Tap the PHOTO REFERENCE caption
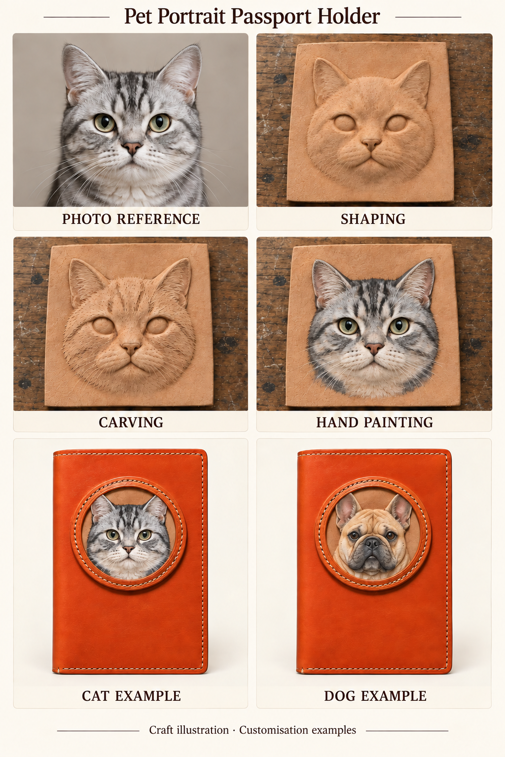(131, 219)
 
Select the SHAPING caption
(373, 219)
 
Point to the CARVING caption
(131, 422)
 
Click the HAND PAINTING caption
(374, 422)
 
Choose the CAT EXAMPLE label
(131, 696)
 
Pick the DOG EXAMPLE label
(375, 696)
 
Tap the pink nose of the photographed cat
(132, 148)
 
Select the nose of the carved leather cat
(131, 348)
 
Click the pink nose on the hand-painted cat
(374, 348)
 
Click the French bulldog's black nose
(372, 544)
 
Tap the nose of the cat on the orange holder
(129, 549)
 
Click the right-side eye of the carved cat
(156, 326)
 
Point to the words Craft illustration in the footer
(189, 730)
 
